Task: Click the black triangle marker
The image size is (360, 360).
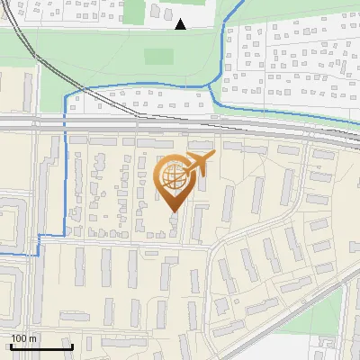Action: pyautogui.click(x=181, y=25)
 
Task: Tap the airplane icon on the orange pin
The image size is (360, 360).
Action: pyautogui.click(x=199, y=165)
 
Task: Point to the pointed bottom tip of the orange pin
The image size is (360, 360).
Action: pyautogui.click(x=172, y=211)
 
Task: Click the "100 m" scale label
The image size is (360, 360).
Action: pyautogui.click(x=24, y=338)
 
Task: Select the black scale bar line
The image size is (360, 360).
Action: pyautogui.click(x=41, y=346)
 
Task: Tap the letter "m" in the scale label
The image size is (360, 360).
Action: pyautogui.click(x=33, y=338)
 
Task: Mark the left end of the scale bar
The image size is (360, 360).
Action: pyautogui.click(x=11, y=346)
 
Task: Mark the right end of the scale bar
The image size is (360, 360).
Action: pyautogui.click(x=72, y=346)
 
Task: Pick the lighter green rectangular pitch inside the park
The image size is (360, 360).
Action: pyautogui.click(x=158, y=56)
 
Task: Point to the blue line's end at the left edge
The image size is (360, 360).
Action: pyautogui.click(x=2, y=255)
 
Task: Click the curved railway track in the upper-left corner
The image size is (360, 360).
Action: pyautogui.click(x=36, y=54)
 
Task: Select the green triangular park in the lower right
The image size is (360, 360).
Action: pyautogui.click(x=333, y=315)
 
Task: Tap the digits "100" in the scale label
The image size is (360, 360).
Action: pyautogui.click(x=20, y=338)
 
